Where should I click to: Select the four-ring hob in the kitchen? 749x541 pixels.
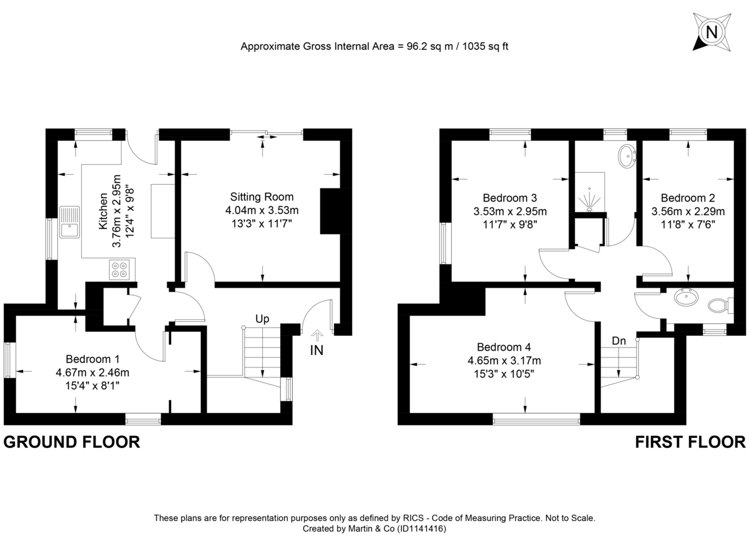pos(119,270)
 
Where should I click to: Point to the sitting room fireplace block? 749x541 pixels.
pos(330,210)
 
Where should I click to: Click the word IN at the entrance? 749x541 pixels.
pos(317,351)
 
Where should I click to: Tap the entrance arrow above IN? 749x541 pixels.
pos(317,335)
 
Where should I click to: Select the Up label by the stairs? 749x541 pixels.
pos(262,319)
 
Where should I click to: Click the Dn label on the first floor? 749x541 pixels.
pos(619,341)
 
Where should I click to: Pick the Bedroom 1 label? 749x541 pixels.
pos(92,359)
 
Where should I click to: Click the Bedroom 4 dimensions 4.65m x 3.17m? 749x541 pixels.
pos(504,361)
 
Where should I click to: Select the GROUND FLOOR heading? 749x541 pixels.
pos(71,442)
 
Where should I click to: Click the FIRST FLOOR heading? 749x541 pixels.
pos(690,442)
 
